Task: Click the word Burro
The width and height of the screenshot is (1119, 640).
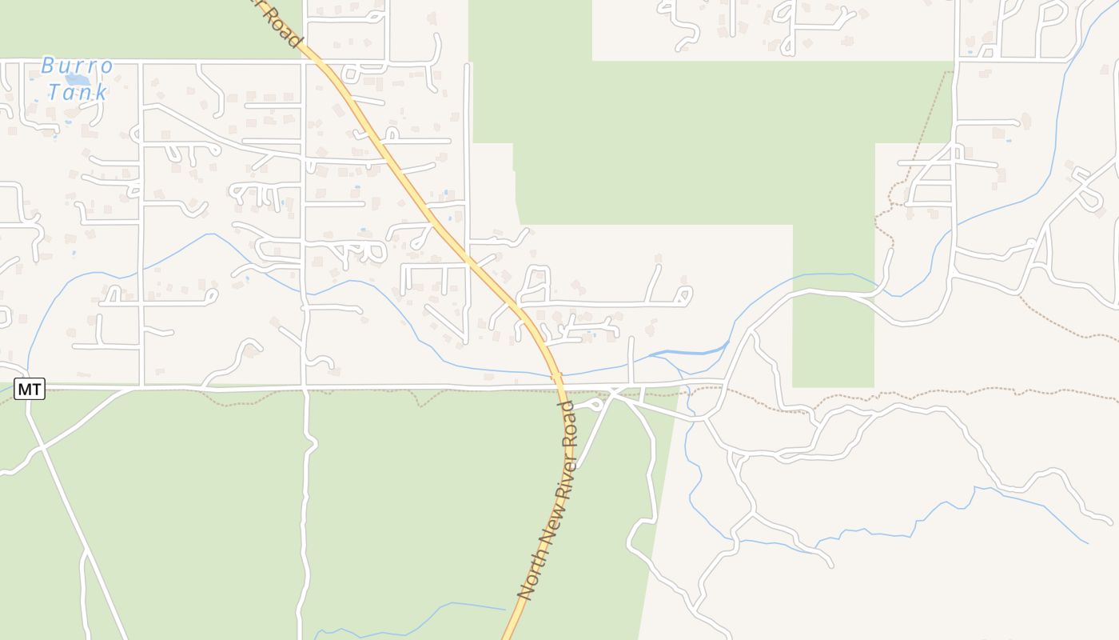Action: point(77,65)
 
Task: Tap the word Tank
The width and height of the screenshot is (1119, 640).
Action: point(77,92)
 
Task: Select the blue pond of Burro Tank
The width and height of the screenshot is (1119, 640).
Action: point(77,79)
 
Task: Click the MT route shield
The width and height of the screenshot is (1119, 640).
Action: point(30,390)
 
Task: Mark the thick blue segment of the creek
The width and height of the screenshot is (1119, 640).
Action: point(687,352)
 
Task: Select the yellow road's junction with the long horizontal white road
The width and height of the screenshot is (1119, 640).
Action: point(560,389)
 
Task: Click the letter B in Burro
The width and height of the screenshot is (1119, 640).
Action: point(47,65)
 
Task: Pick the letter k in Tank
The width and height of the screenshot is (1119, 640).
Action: point(101,92)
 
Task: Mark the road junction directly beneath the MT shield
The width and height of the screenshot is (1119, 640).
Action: point(30,402)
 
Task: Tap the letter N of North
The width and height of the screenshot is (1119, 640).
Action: point(524,592)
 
